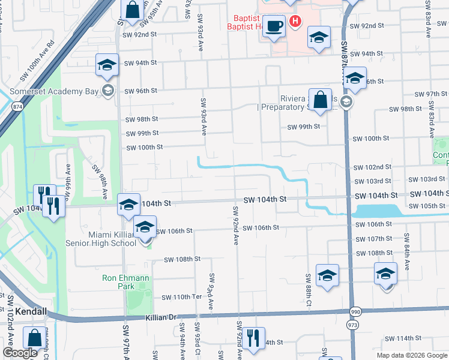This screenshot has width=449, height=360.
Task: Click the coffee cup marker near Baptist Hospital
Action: pyautogui.click(x=275, y=26)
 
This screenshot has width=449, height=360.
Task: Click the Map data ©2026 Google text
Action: pyautogui.click(x=411, y=355)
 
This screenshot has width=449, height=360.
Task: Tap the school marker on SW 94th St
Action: pyautogui.click(x=107, y=65)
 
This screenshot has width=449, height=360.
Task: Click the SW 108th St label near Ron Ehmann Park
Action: pyautogui.click(x=182, y=259)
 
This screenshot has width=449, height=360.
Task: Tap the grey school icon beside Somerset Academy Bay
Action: pyautogui.click(x=108, y=91)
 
